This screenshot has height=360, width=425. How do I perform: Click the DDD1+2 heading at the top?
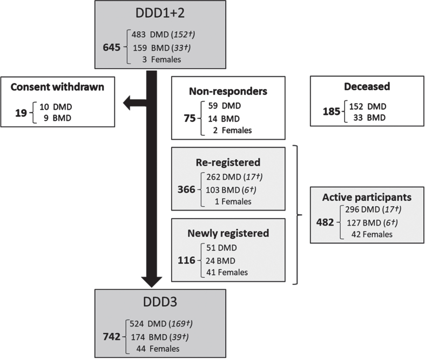(160, 13)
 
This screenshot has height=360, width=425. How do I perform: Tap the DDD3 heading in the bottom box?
(160, 302)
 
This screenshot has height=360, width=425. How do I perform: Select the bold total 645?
(112, 47)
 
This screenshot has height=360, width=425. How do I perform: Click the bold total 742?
(112, 336)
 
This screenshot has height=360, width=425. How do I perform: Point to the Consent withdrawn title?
(57, 87)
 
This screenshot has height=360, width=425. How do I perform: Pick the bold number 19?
(21, 113)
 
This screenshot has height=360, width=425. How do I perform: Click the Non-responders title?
(228, 91)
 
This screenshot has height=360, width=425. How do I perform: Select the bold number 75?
(190, 118)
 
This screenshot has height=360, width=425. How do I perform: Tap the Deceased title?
(367, 86)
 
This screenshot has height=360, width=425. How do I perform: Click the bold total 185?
(331, 111)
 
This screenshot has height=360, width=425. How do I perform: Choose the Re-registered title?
(228, 162)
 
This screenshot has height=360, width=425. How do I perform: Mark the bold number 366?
(186, 189)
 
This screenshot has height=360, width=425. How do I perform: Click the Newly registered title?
(228, 233)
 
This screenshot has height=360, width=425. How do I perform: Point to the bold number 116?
(186, 260)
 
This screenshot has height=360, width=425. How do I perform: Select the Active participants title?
(367, 197)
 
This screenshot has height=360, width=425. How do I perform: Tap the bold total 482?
(325, 222)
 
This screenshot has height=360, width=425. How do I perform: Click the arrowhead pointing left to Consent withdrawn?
(127, 103)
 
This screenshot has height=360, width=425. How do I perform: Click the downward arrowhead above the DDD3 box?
(152, 282)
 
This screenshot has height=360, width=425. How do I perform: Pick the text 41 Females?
(227, 272)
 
